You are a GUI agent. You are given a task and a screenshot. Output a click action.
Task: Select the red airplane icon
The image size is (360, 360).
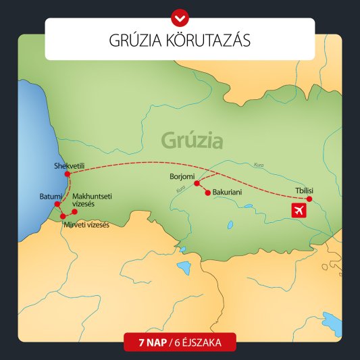(x=298, y=210)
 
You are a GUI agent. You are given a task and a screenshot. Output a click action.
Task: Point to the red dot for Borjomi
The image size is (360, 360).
(x=197, y=183)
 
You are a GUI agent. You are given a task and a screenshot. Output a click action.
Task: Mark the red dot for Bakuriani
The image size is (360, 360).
(x=207, y=192)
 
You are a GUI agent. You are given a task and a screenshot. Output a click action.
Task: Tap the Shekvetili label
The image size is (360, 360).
(x=69, y=165)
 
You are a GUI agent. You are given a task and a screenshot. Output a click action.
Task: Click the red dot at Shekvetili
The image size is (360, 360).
(x=68, y=174)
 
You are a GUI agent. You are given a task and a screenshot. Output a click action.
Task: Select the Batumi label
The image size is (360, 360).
(x=51, y=196)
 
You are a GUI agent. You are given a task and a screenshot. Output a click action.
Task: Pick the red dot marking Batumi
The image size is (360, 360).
(x=57, y=204)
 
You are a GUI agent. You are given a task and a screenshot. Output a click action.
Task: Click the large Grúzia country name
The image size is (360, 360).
(x=192, y=140)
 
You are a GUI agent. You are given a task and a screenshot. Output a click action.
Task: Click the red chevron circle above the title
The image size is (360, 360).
(x=180, y=14)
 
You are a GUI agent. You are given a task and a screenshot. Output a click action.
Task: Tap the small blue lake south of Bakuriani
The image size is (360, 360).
(x=230, y=224)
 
